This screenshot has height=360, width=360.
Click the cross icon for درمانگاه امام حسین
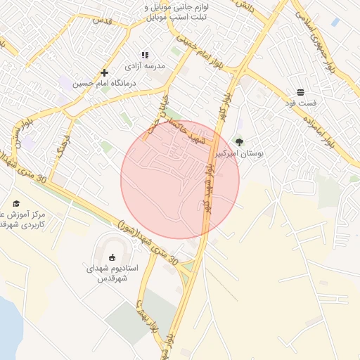click(x=104, y=72)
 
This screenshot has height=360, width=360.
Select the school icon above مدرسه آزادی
click(x=145, y=55)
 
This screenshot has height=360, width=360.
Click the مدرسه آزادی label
click(x=145, y=65)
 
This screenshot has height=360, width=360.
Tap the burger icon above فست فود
click(x=300, y=92)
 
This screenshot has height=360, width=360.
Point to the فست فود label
click(x=300, y=103)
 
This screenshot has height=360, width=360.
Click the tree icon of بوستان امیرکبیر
click(x=239, y=142)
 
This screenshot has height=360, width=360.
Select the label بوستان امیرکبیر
click(x=239, y=153)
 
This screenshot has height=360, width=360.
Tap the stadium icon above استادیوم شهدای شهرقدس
click(x=112, y=257)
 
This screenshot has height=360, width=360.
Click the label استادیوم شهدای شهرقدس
click(x=112, y=273)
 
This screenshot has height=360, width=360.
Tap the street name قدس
click(x=103, y=20)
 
